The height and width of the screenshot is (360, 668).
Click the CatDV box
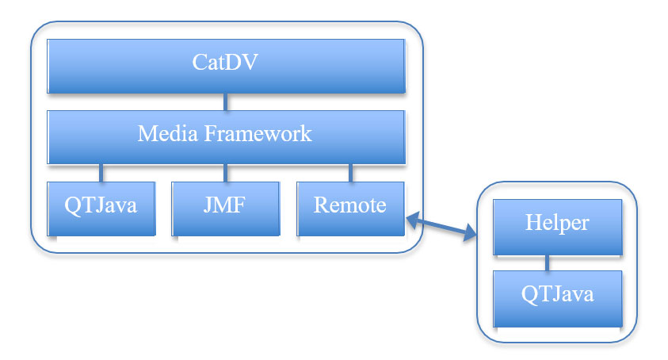(x=226, y=66)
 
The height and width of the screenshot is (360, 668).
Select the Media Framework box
(x=226, y=137)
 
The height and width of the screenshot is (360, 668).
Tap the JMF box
(x=225, y=209)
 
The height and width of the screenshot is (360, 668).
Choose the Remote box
(x=350, y=209)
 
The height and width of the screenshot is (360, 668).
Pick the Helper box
(x=557, y=227)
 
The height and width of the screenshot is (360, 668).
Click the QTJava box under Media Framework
(x=101, y=209)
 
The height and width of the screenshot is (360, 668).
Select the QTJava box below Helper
(x=557, y=299)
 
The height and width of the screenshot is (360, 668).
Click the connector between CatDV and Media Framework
(x=225, y=102)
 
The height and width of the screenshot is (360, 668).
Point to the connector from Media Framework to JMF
(x=225, y=173)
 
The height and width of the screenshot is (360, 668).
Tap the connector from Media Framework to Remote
(x=350, y=173)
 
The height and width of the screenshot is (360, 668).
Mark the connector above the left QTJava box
(x=101, y=173)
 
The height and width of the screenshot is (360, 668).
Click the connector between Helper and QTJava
(x=548, y=262)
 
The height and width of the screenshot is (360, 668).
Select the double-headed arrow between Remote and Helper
(x=441, y=226)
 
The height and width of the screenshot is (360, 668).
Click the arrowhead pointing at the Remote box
(x=412, y=219)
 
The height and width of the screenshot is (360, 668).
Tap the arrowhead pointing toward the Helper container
(x=471, y=233)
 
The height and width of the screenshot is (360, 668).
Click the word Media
(x=168, y=133)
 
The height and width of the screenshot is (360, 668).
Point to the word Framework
(x=258, y=133)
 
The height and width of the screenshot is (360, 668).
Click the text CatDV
(x=225, y=63)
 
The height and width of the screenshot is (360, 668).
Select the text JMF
(x=224, y=205)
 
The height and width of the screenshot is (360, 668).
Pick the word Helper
(x=557, y=223)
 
